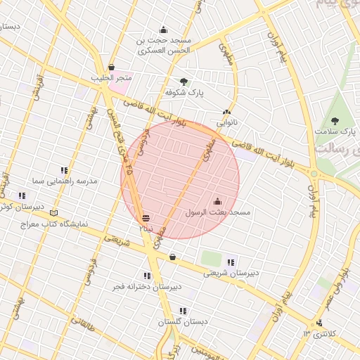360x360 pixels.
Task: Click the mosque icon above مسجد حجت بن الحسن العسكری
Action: (164, 30)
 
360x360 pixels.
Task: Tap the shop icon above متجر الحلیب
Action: (112, 67)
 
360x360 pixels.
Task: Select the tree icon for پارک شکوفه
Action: (184, 82)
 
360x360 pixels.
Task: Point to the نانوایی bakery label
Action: (227, 122)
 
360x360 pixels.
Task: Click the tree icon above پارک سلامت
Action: (335, 121)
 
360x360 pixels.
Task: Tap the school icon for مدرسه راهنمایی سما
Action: (65, 170)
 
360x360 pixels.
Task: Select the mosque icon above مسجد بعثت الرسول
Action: (217, 201)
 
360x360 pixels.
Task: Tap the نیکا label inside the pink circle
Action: (146, 228)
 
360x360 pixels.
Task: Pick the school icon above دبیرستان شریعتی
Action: (231, 262)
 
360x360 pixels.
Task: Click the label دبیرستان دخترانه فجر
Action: (148, 287)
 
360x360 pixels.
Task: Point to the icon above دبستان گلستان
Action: (183, 310)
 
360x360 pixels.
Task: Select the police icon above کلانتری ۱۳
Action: (320, 323)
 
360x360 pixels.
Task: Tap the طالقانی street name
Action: (83, 324)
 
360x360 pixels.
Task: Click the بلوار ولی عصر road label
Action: (344, 282)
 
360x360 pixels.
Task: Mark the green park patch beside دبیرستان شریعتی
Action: (211, 258)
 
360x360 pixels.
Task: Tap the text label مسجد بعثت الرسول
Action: (218, 212)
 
